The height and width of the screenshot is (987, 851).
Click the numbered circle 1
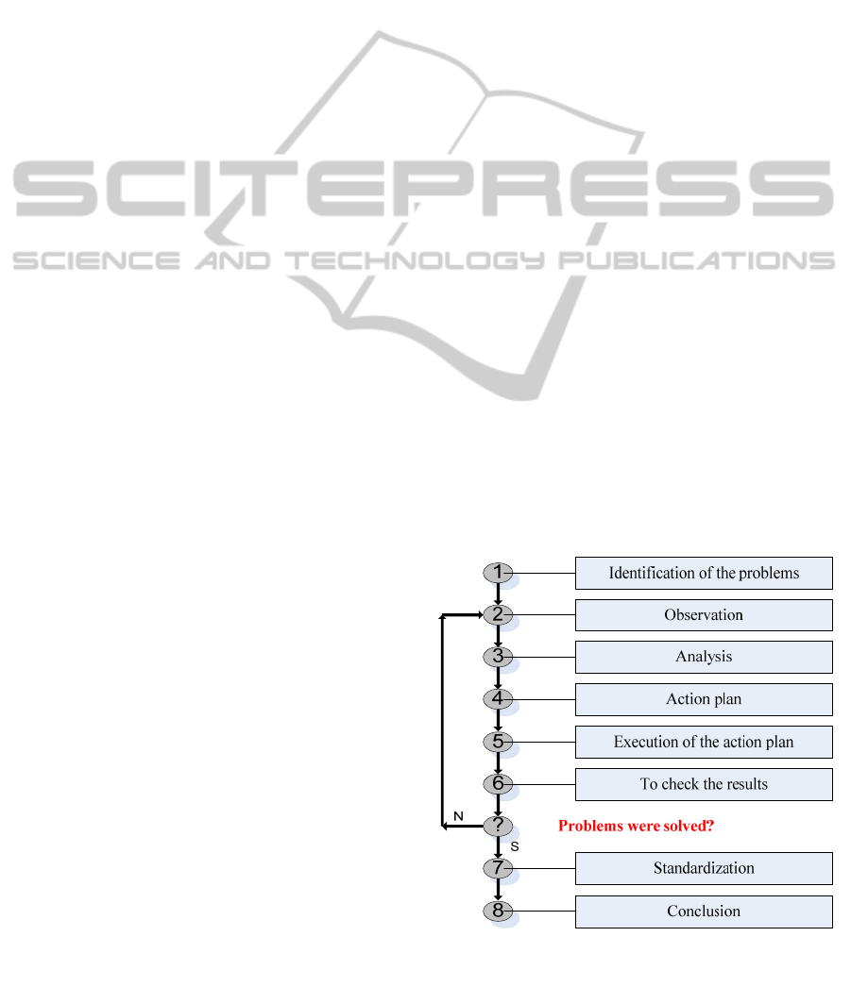pos(498,573)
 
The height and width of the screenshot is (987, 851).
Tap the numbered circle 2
pos(498,614)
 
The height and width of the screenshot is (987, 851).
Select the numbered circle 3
pos(498,657)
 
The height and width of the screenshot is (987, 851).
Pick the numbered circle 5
pos(498,742)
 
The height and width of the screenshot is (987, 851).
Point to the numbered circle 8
pos(498,911)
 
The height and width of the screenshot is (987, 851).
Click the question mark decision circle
pos(498,826)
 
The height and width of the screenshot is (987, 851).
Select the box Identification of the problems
pos(704,574)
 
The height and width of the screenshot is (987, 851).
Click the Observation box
pos(704,615)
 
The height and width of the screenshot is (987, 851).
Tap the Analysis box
pos(704,657)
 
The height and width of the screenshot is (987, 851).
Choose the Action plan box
pos(704,699)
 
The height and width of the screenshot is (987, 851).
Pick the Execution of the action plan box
pos(704,743)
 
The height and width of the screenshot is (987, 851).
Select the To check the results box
pos(704,784)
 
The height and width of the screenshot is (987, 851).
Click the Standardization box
pos(704,869)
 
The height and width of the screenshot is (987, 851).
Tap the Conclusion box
pos(704,912)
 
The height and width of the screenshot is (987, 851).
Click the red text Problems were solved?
pos(637,826)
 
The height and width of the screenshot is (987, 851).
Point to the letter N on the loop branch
pos(459,816)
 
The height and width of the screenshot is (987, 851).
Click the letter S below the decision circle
pos(515,846)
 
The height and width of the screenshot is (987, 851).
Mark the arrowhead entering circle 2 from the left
pos(480,614)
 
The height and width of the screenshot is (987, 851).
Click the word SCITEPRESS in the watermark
pos(423,188)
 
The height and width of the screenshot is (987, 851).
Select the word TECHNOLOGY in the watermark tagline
pos(415,260)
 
